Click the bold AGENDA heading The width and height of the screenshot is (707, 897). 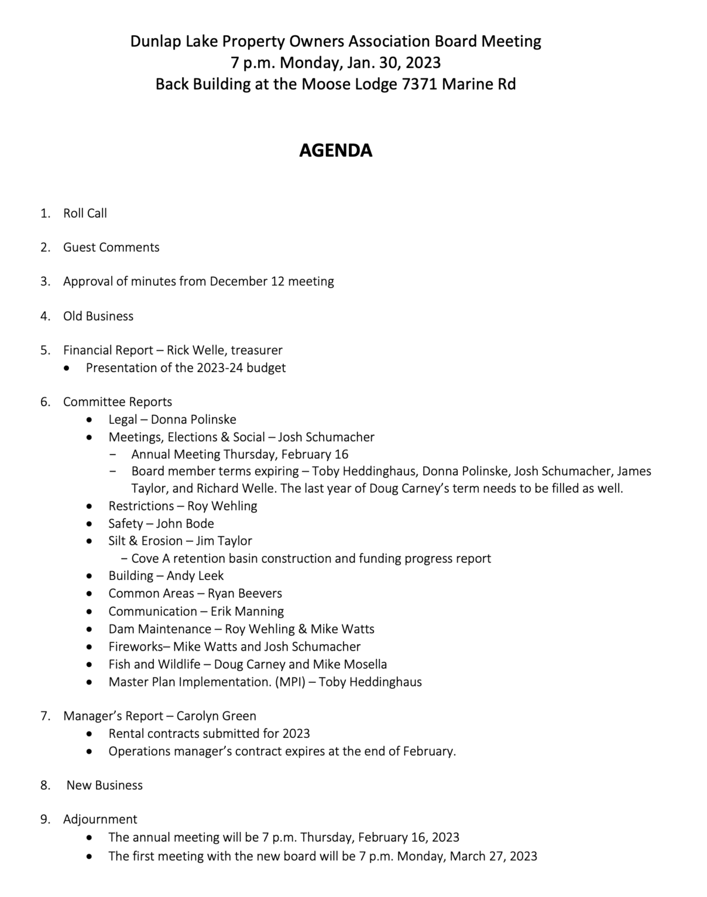[335, 150]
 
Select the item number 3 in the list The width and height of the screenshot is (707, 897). [45, 281]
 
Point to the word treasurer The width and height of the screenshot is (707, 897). [256, 350]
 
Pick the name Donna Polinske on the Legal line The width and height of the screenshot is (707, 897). [193, 420]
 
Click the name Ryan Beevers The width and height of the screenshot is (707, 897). [244, 593]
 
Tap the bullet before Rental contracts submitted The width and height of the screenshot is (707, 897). [89, 734]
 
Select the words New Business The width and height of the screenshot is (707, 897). [105, 785]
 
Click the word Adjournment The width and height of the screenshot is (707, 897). [100, 819]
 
